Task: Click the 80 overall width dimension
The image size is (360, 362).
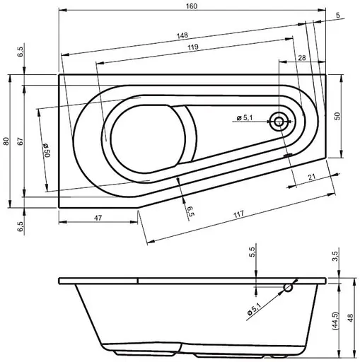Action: [6, 141]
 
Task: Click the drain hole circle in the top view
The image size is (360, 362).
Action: [279, 122]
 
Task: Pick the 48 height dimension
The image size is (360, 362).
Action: [352, 318]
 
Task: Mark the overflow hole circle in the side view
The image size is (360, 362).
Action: [289, 287]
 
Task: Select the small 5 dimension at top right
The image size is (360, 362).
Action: [338, 15]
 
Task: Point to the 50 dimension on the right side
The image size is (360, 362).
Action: [337, 116]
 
